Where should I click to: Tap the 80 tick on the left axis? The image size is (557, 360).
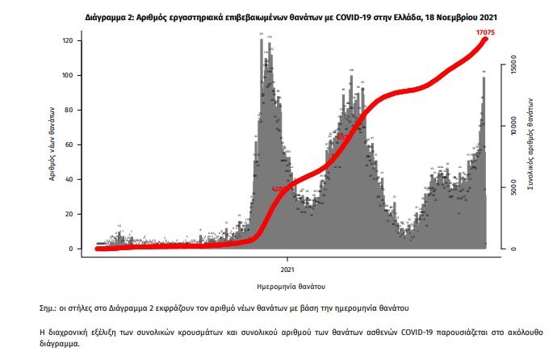tap(70, 110)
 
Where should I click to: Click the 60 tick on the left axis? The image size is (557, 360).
tap(70, 144)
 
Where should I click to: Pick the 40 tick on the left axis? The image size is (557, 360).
tap(70, 179)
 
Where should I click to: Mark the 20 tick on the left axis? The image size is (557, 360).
tap(70, 214)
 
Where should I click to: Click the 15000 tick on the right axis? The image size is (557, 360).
tap(514, 69)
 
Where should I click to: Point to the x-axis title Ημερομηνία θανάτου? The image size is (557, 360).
tap(290, 286)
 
